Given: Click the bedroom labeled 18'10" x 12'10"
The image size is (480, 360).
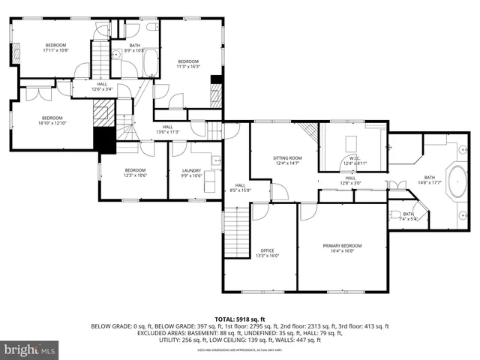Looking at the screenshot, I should (52, 120).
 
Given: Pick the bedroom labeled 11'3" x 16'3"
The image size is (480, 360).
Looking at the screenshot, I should (187, 64).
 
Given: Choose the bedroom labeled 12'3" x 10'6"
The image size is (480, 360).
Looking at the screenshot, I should (135, 172).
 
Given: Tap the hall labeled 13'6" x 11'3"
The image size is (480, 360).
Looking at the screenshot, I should (168, 129).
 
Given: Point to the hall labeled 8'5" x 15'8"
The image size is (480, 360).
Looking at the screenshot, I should (241, 187).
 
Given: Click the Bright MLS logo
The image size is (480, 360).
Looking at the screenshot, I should (28, 349).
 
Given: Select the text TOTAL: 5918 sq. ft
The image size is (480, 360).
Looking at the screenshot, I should (240, 319).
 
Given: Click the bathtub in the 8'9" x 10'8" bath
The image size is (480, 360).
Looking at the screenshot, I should (148, 62).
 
